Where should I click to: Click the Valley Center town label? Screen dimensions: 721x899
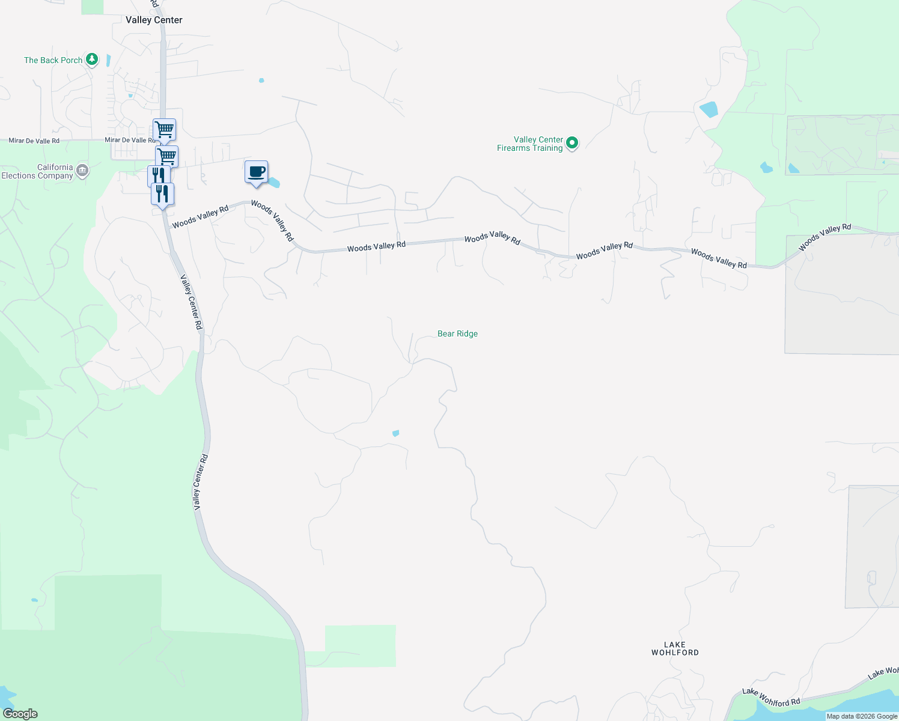pos(154,20)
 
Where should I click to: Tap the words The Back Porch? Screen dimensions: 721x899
pos(53,60)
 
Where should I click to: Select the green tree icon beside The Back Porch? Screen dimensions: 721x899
pos(92,59)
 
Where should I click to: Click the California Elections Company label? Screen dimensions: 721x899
pos(37,172)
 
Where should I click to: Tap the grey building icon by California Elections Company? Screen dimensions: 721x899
pos(82,171)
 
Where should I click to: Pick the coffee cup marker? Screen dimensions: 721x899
pos(257,172)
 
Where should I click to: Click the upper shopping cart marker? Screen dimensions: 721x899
pos(164,129)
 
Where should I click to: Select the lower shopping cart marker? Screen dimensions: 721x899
pos(167,156)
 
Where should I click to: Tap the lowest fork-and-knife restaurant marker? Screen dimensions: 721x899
pos(162,194)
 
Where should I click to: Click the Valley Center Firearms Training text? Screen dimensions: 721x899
pos(530,144)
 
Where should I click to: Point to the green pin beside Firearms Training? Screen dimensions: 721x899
pos(572,143)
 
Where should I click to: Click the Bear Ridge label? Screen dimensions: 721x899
pos(457,333)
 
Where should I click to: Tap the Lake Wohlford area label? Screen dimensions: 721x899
pos(675,648)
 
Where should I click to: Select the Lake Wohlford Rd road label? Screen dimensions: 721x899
pos(771,698)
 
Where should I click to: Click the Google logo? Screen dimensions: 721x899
pos(20,714)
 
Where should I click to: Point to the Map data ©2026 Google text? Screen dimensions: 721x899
pos(862,716)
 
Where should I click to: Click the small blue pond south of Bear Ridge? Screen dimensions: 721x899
pos(395,433)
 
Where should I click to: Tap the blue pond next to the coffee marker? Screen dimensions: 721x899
pos(274,182)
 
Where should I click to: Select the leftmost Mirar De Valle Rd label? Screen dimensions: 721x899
pos(34,141)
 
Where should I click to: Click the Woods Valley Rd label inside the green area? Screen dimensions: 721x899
pos(824,237)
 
